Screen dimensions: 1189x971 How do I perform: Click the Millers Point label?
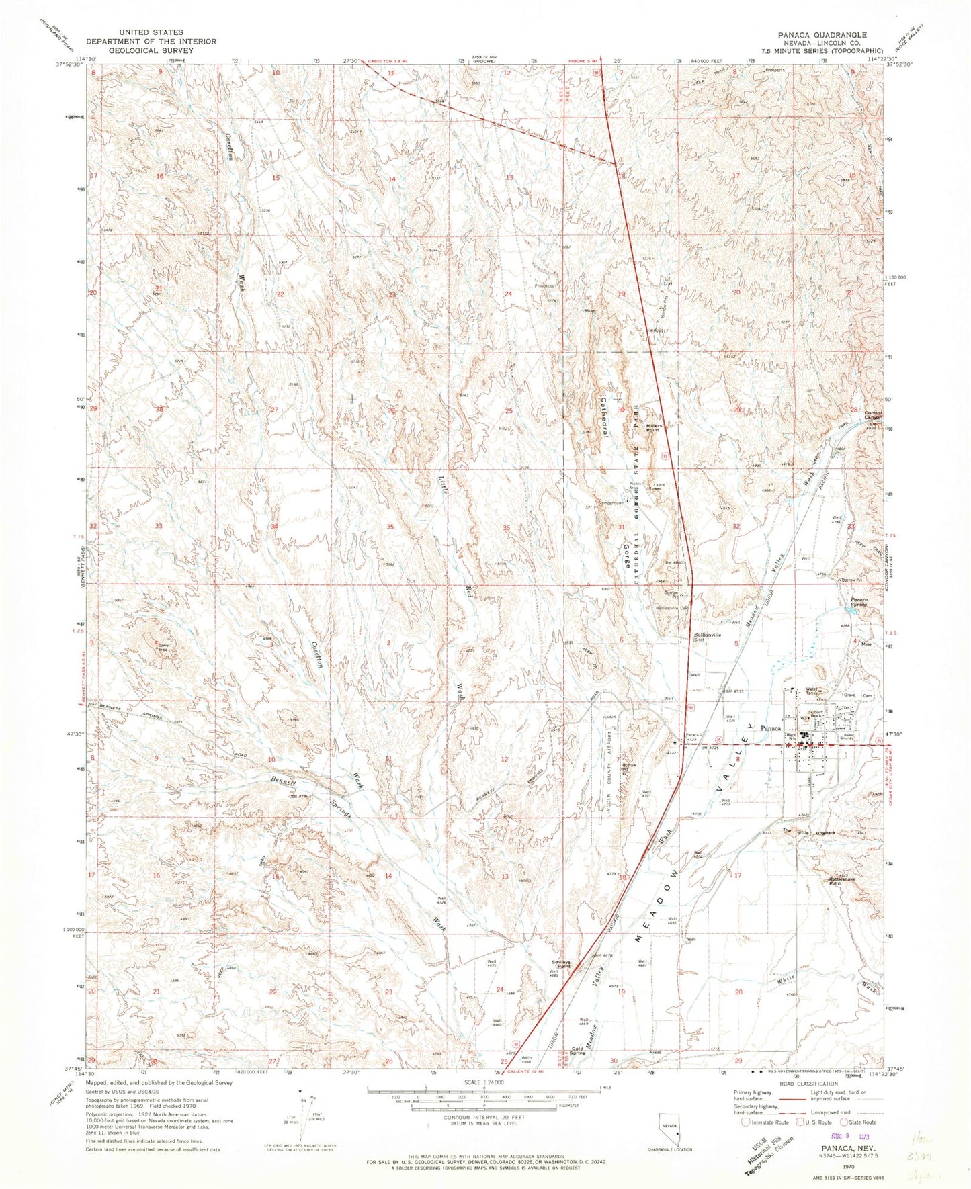(x=654, y=427)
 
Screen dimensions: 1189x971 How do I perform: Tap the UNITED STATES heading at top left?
(x=149, y=32)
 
